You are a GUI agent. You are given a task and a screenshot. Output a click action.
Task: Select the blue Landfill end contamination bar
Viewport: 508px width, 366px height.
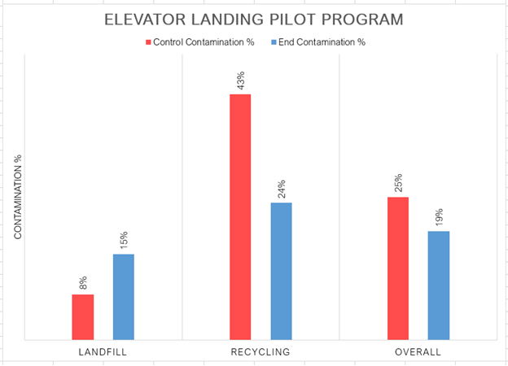pos(123,296)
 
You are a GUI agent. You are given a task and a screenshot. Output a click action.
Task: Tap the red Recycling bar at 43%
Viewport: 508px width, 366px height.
pos(240,216)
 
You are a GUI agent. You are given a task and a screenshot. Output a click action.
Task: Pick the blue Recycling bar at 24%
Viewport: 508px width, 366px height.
pos(281,270)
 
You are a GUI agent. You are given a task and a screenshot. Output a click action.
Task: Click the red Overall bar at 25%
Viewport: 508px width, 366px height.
pos(397,268)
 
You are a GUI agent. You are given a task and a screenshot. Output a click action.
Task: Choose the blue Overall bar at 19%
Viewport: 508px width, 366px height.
pos(439,285)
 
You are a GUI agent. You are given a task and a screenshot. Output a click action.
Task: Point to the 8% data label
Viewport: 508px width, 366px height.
pos(82,283)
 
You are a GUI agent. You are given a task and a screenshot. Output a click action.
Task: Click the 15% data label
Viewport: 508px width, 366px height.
pos(123,241)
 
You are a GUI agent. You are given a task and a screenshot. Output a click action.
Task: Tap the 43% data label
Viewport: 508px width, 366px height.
pos(240,81)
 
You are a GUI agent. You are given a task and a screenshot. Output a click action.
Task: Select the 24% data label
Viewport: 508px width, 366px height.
pos(281,189)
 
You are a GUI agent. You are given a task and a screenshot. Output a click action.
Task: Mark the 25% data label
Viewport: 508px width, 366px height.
pos(397,184)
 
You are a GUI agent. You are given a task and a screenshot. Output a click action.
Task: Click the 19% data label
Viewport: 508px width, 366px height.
pos(439,217)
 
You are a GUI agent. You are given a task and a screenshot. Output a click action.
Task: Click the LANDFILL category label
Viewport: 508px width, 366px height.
pos(103,352)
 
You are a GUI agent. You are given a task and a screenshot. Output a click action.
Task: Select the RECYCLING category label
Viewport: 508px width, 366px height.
pos(261,352)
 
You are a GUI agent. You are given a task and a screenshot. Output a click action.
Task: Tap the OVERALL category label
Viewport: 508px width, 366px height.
pos(418,352)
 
